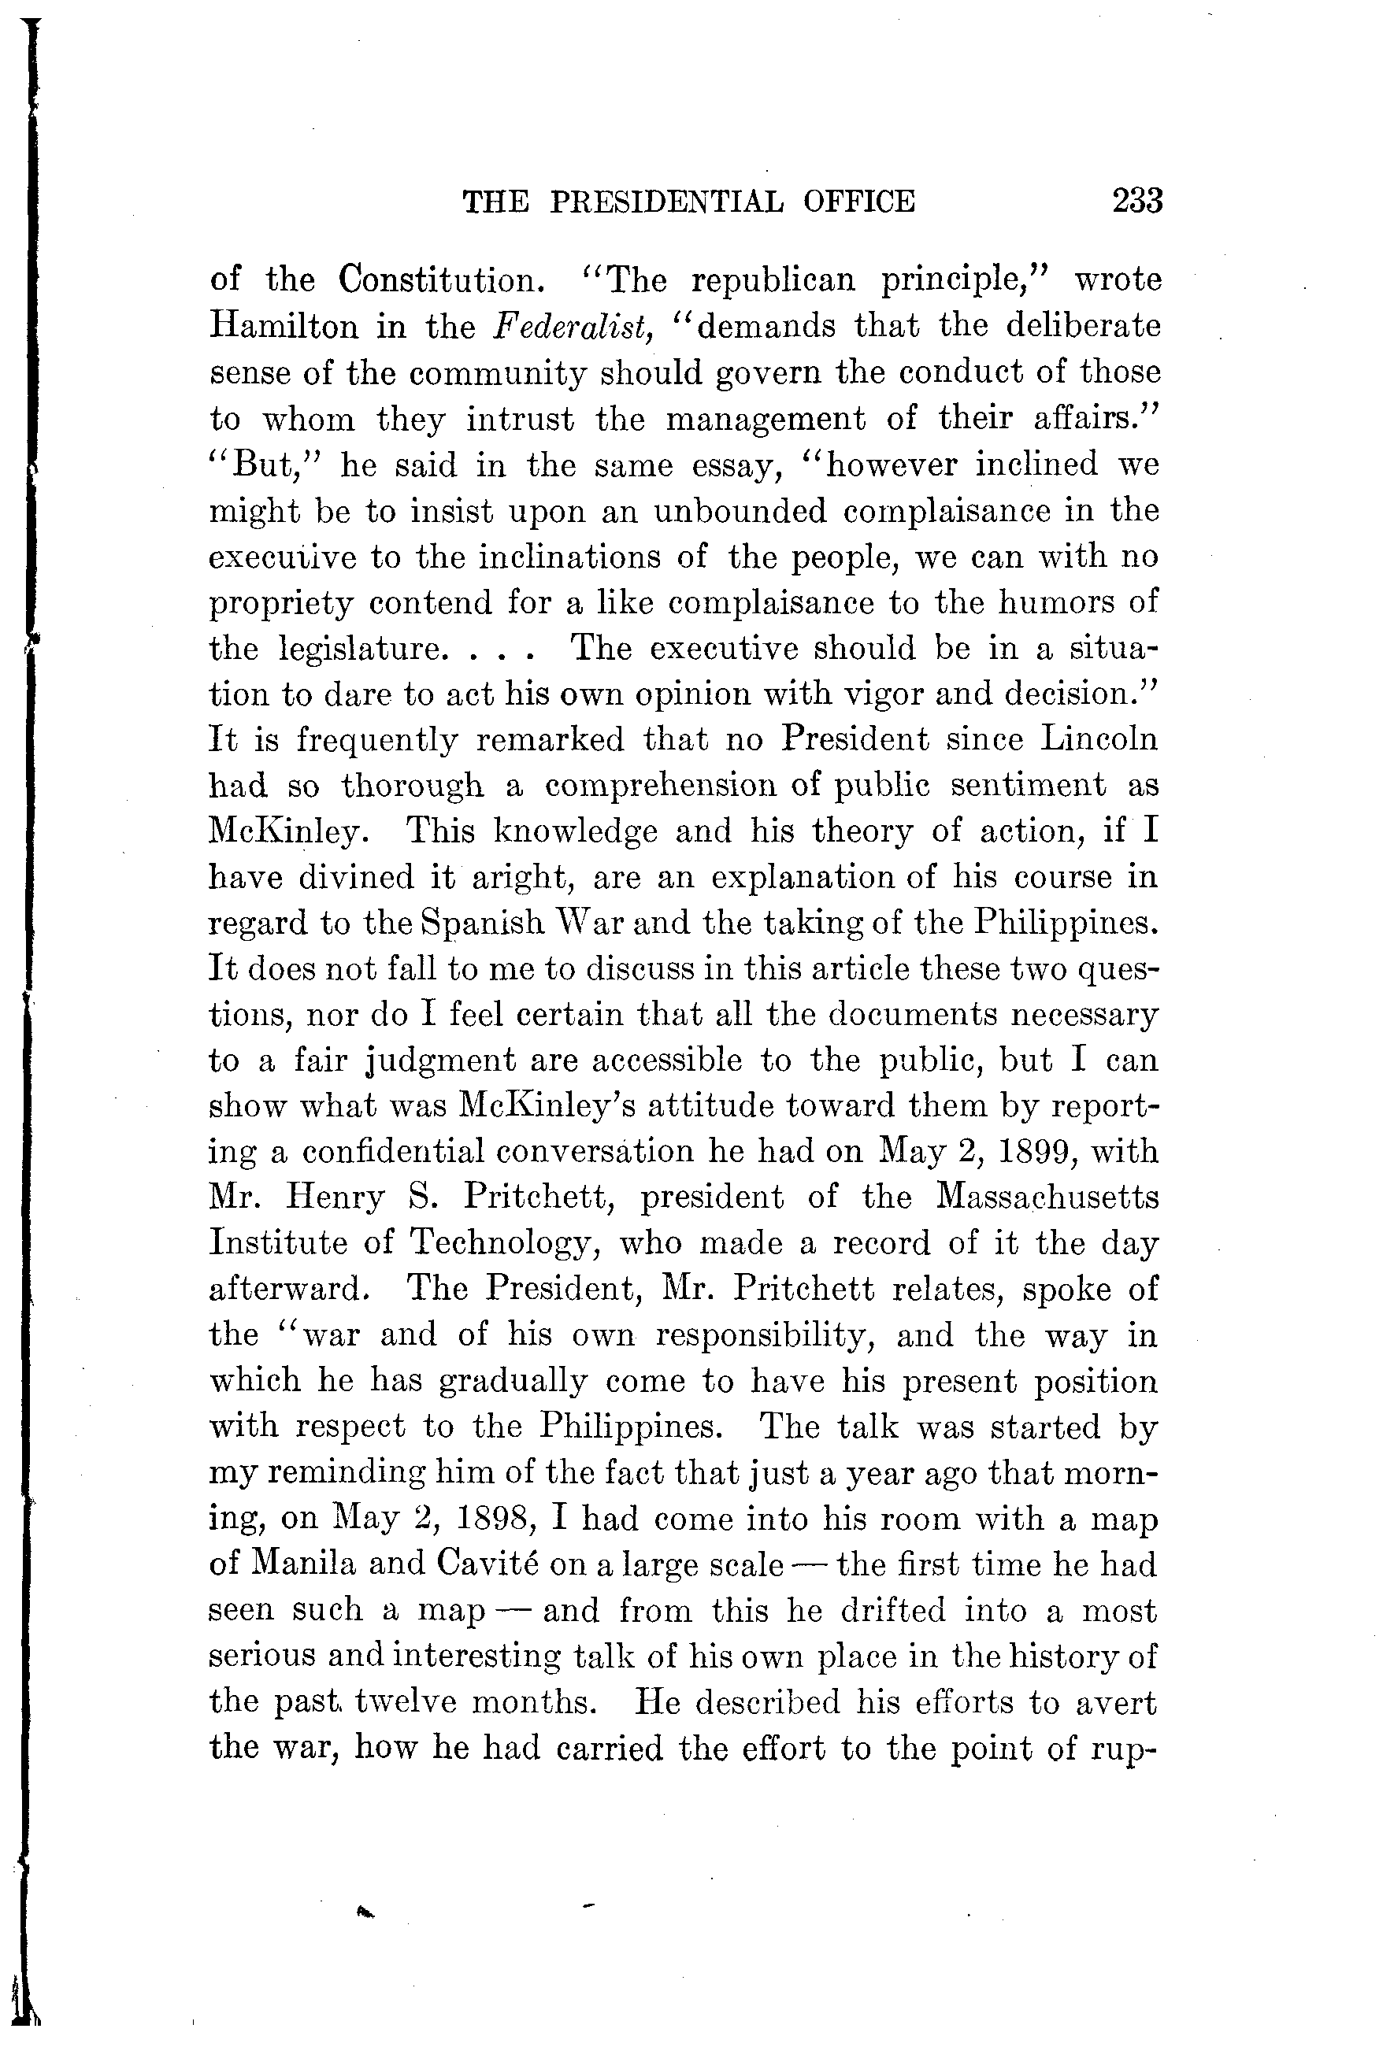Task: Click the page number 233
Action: point(1137,202)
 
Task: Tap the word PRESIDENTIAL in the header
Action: point(666,202)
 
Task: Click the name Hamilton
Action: point(283,327)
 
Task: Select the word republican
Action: point(773,280)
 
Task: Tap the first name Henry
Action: point(336,1198)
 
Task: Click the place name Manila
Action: point(304,1565)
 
